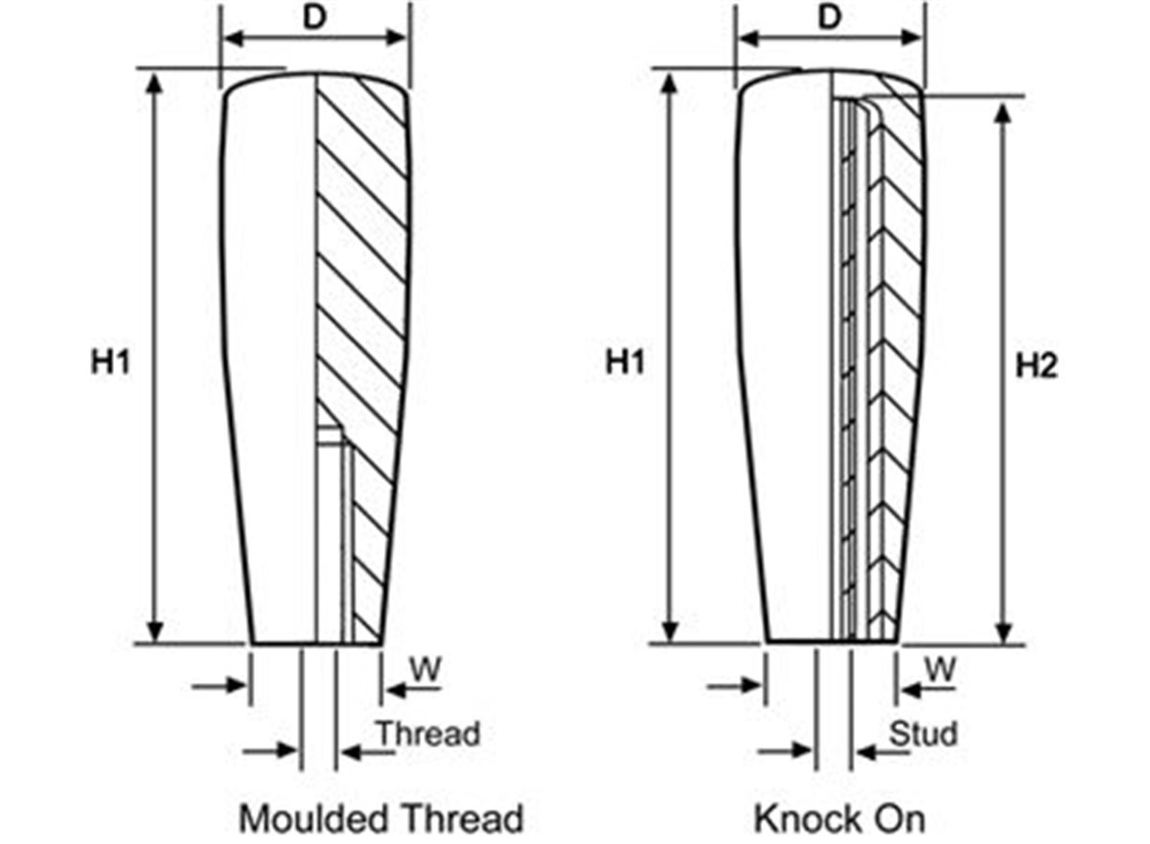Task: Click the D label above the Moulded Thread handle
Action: pyautogui.click(x=313, y=18)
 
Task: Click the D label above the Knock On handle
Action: pyautogui.click(x=830, y=18)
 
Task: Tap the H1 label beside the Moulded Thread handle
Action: pyautogui.click(x=110, y=363)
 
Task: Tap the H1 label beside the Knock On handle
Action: pyautogui.click(x=625, y=363)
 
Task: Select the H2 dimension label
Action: pyautogui.click(x=1036, y=365)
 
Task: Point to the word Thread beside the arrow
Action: pyautogui.click(x=427, y=734)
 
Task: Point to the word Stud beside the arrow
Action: pyautogui.click(x=924, y=734)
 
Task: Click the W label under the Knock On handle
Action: pyautogui.click(x=940, y=669)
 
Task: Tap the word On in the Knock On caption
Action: pyautogui.click(x=897, y=819)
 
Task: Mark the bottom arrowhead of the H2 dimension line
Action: pyautogui.click(x=1003, y=632)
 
